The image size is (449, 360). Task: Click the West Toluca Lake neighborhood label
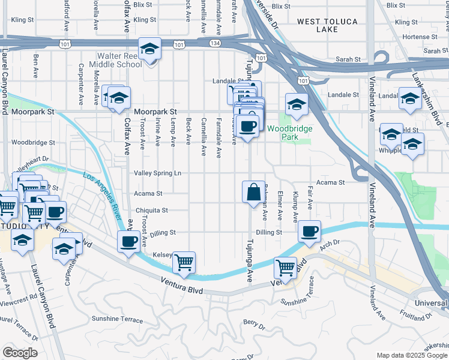click(327, 25)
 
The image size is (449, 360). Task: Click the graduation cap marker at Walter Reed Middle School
click(149, 49)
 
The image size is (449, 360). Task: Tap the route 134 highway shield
click(215, 44)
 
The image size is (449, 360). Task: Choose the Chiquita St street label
click(151, 211)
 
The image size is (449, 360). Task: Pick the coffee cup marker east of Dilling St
click(309, 232)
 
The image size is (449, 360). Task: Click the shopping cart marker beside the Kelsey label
click(184, 261)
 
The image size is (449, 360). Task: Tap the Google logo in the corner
click(20, 353)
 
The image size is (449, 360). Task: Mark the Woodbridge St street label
click(33, 143)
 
